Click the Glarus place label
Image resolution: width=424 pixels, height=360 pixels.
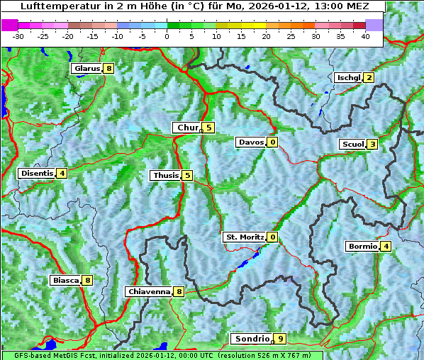[x=87, y=69]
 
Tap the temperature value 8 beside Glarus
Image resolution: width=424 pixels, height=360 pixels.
[x=108, y=69]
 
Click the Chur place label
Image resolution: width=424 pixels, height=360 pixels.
[x=188, y=128]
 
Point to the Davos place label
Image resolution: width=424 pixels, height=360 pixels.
[x=251, y=142]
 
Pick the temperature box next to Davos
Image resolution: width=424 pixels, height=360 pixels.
[x=272, y=142]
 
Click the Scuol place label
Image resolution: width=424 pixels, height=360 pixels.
[x=352, y=144]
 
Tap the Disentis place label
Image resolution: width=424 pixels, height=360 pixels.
[x=37, y=173]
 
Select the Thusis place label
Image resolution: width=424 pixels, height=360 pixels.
[x=165, y=175]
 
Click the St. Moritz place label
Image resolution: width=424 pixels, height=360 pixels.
[x=244, y=237]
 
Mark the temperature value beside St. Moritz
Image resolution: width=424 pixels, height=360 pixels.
[x=272, y=237]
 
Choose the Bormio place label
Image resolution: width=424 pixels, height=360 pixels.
[x=362, y=247]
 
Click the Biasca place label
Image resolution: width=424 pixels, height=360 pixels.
[x=65, y=280]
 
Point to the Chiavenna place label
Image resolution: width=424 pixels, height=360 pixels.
[x=149, y=291]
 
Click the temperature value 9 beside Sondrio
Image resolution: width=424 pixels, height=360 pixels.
[x=280, y=339]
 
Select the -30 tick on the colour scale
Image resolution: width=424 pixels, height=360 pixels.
[x=18, y=35]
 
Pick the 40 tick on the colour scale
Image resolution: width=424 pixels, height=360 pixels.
[x=366, y=35]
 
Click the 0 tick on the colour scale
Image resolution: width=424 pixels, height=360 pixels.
[x=167, y=35]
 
